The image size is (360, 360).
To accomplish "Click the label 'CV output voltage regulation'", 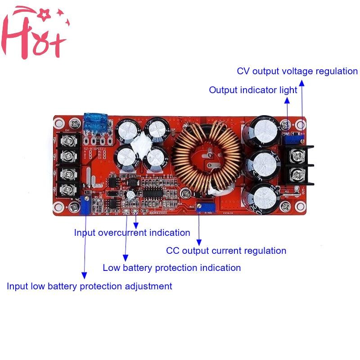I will pos(297,71).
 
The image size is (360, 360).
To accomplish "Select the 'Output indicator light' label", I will pos(253,90).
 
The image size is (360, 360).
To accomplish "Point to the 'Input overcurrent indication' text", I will pos(132,233).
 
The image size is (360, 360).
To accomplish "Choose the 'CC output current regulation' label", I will pos(226,251).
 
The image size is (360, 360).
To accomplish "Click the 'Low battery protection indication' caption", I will pos(171,268).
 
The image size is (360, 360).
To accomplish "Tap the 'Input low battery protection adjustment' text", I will pos(89,286).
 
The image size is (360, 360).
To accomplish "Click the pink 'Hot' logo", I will pos(34,34).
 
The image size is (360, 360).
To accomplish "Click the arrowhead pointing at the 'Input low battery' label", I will pos(84,275).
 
